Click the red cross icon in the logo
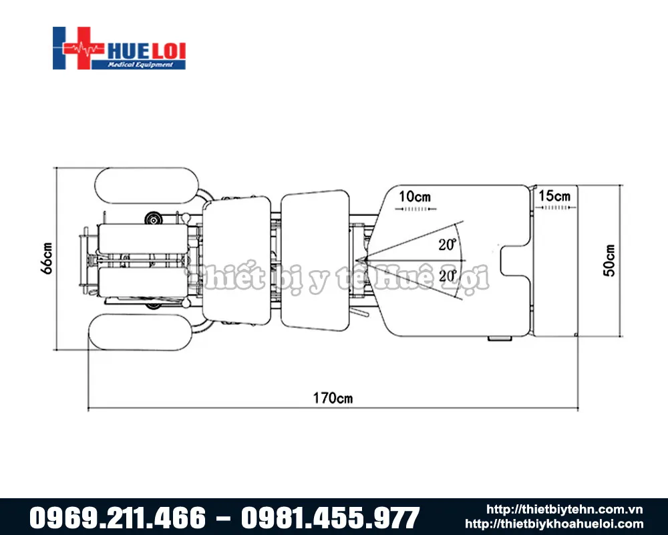tap(75, 48)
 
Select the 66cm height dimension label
tap(46, 257)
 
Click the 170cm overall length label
tap(333, 399)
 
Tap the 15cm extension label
tap(554, 196)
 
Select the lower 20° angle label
tap(448, 276)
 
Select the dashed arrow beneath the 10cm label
tap(414, 209)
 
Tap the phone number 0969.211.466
tap(118, 518)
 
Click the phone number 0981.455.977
tap(330, 518)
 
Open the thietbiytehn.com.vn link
tap(564, 510)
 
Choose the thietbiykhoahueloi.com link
tap(554, 524)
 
